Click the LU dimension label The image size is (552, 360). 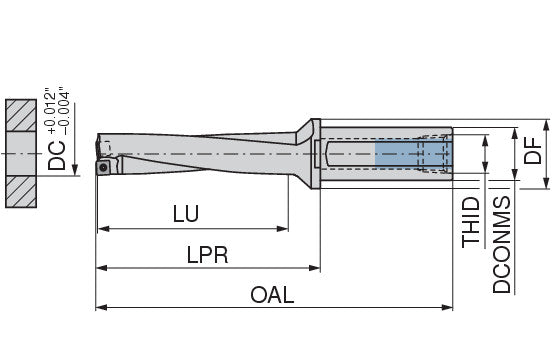(x=186, y=213)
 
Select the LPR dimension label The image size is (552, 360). (x=207, y=255)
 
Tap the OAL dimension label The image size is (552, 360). (x=272, y=295)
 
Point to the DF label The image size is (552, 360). (x=532, y=151)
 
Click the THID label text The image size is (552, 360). (x=471, y=222)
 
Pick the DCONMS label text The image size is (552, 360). (x=501, y=245)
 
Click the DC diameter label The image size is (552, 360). (x=57, y=155)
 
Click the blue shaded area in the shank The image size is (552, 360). (x=412, y=153)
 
